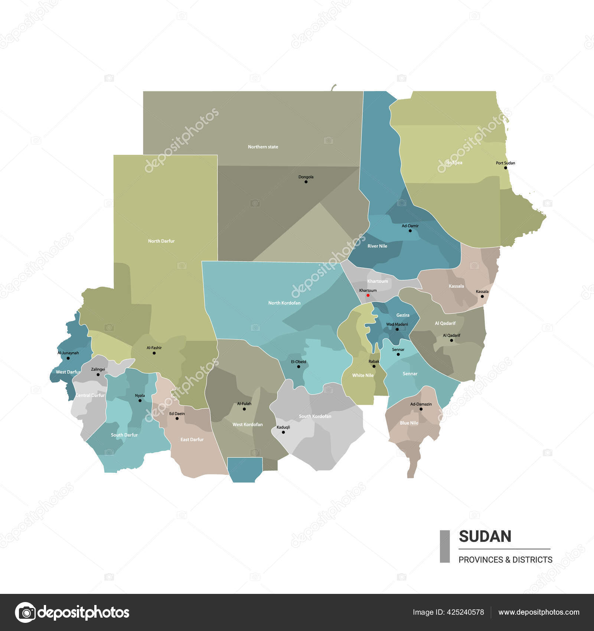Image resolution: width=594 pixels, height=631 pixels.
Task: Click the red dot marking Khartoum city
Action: [368, 295]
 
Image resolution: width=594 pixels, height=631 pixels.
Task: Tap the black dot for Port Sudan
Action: [505, 168]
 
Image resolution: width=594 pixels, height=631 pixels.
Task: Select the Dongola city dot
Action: [306, 182]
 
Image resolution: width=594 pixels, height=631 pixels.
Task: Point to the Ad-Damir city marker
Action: [410, 231]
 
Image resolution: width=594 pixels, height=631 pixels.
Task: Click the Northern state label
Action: [263, 147]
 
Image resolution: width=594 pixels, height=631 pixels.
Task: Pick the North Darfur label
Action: [161, 241]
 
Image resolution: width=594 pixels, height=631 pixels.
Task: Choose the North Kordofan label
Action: [284, 303]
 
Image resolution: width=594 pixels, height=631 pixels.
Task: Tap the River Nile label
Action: [377, 246]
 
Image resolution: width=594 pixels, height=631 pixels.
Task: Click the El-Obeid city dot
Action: [298, 367]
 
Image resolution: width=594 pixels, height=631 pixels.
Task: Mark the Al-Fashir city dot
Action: [154, 353]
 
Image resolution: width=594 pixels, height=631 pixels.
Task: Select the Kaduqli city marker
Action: [283, 432]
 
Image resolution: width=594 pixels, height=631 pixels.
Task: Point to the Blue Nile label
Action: [409, 423]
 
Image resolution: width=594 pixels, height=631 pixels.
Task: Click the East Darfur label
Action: [192, 440]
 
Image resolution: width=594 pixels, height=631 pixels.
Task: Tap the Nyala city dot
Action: [140, 400]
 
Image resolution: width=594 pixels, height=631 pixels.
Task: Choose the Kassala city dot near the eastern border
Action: [482, 297]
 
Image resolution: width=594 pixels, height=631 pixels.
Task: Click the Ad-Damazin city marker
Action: [421, 409]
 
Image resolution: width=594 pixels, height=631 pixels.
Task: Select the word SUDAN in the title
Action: [485, 537]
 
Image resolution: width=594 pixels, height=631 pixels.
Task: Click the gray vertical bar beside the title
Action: [444, 546]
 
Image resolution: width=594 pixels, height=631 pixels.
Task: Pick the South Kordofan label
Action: [315, 416]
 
